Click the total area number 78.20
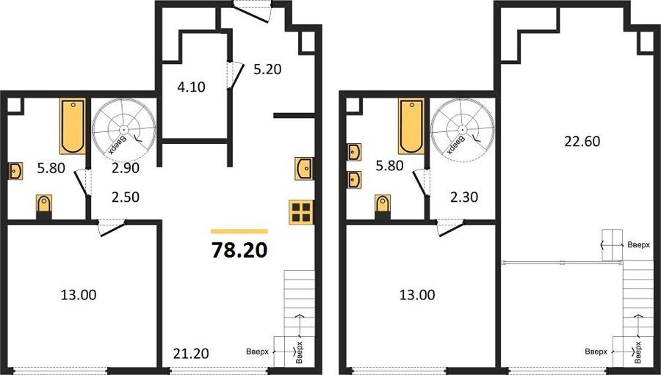click(239, 250)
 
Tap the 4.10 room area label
click(191, 87)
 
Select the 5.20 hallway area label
click(267, 69)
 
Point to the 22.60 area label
click(582, 141)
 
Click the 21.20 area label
click(191, 354)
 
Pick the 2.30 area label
click(464, 197)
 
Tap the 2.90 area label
click(126, 168)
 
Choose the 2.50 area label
click(126, 197)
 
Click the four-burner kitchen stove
click(301, 212)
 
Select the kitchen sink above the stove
click(304, 168)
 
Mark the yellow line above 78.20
click(239, 231)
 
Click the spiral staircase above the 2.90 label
click(124, 128)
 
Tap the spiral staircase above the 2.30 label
click(463, 128)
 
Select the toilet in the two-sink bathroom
click(383, 206)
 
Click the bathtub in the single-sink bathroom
click(73, 126)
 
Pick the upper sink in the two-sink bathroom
click(354, 152)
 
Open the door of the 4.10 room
click(234, 76)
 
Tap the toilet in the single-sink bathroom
click(44, 206)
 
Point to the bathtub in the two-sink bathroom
click(411, 126)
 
